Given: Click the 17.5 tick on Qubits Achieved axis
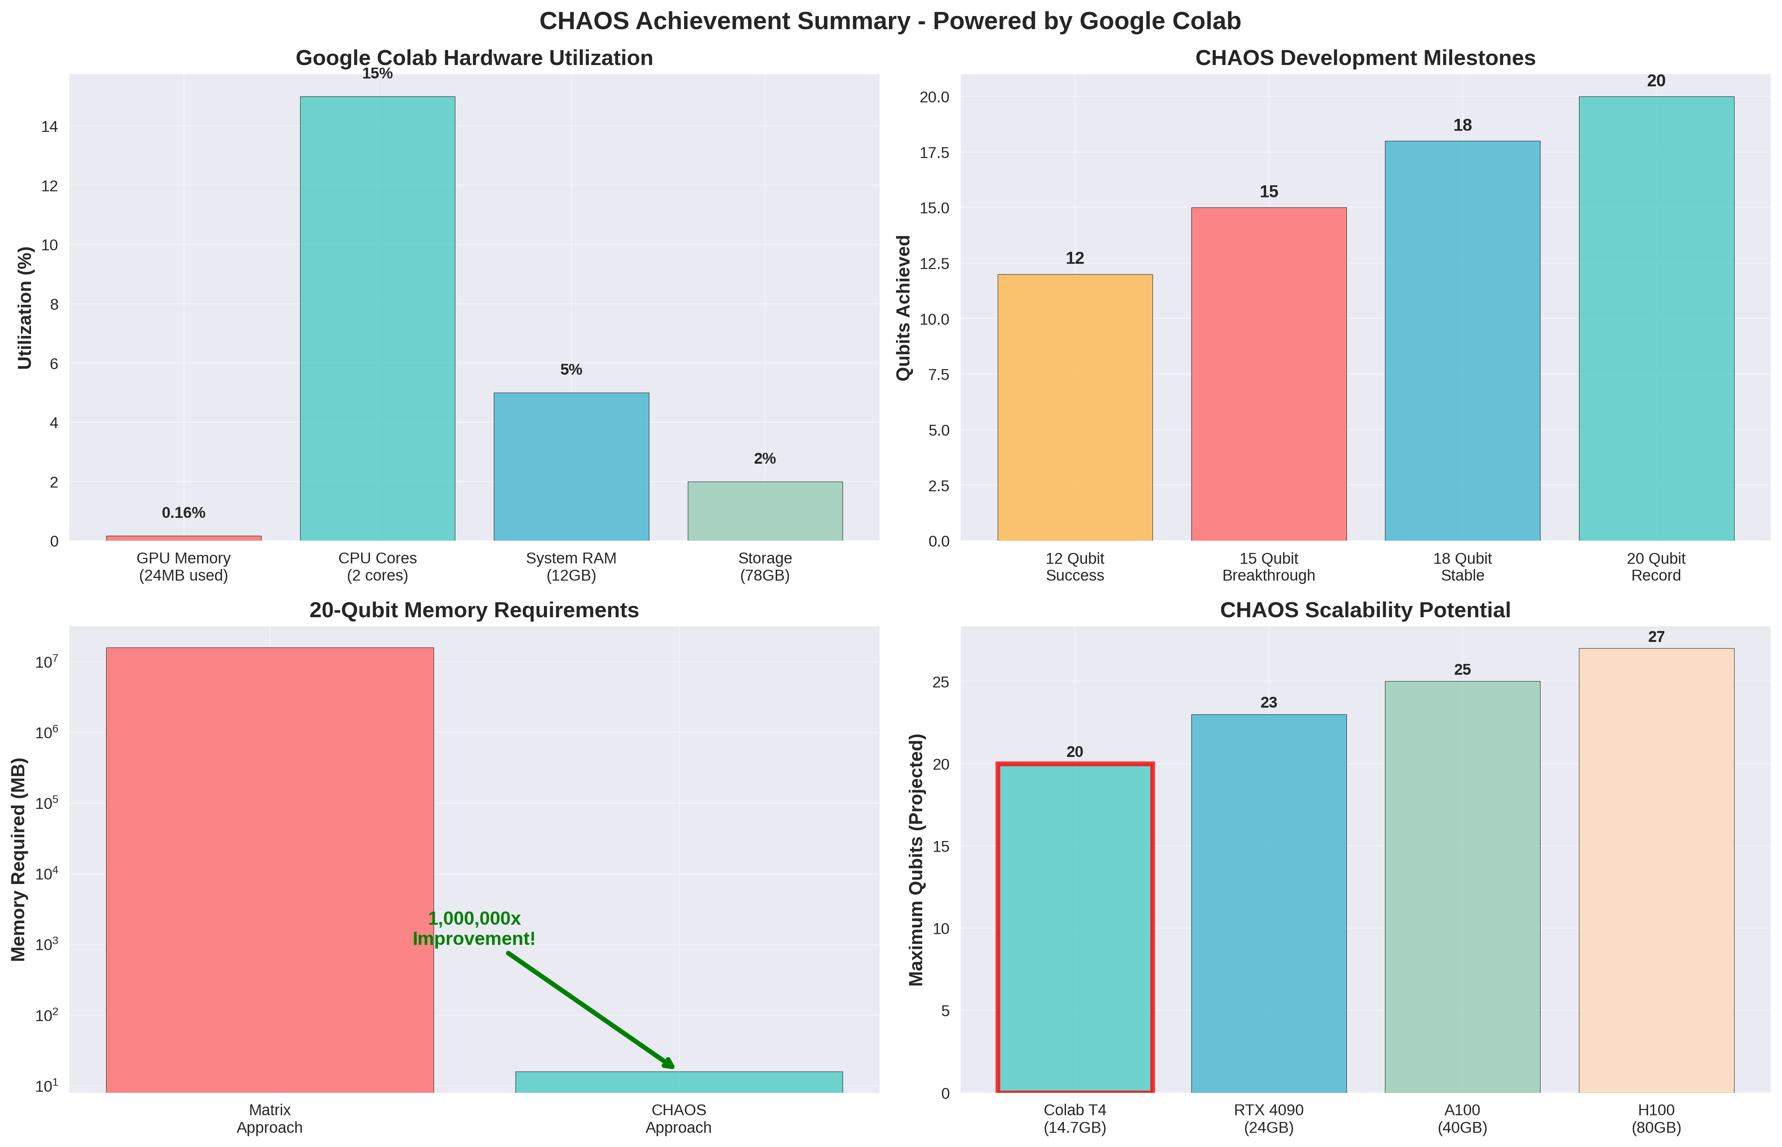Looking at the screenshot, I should coord(933,153).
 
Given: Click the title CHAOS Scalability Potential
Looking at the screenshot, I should coord(1365,610).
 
